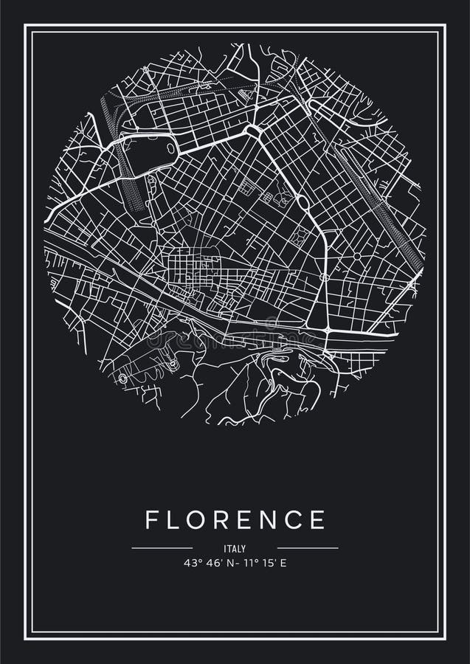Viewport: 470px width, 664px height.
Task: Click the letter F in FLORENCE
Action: click(152, 520)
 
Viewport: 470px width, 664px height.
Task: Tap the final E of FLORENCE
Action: click(319, 520)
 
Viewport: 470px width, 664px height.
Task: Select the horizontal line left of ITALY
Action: click(162, 548)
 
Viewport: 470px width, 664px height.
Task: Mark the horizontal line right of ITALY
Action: click(308, 548)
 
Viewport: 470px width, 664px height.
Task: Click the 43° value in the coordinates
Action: click(193, 564)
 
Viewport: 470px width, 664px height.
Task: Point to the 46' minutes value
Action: click(212, 564)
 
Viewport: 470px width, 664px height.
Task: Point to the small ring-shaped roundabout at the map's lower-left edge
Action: click(122, 378)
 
